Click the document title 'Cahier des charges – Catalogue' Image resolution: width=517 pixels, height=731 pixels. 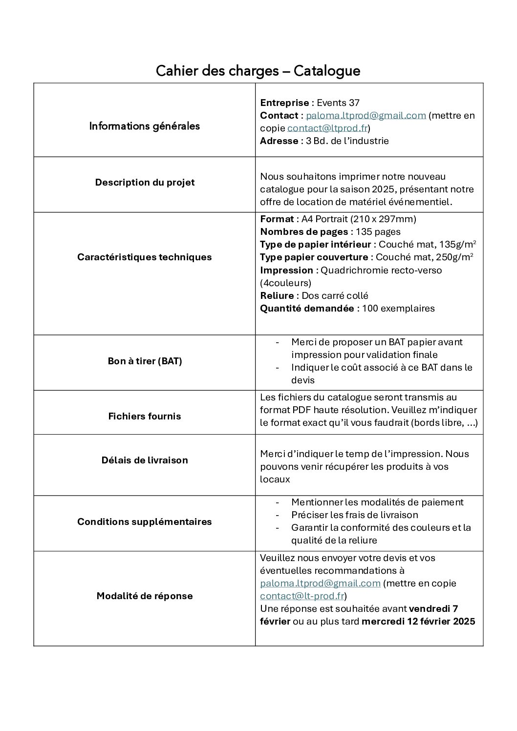tap(258, 71)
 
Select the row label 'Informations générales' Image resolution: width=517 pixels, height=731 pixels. tap(144, 126)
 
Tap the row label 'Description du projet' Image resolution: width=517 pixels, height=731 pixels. tap(145, 183)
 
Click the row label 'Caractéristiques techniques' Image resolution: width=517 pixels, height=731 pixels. tap(144, 257)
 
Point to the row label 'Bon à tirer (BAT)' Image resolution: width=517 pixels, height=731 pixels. tap(145, 362)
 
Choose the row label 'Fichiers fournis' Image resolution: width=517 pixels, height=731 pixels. tap(145, 417)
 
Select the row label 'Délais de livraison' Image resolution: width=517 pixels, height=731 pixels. tap(145, 460)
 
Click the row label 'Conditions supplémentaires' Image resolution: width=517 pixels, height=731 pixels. tap(144, 522)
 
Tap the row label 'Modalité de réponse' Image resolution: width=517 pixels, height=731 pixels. tap(145, 596)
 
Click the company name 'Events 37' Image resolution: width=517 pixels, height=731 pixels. tap(338, 103)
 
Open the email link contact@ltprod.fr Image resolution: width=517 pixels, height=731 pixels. tap(327, 128)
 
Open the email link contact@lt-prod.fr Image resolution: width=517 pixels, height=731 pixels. tap(302, 596)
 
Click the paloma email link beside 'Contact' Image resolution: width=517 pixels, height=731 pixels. tap(366, 116)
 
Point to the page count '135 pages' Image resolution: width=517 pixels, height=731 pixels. tap(378, 232)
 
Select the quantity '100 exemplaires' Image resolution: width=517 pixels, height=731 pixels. tap(398, 309)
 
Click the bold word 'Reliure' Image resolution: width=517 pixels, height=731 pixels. tap(277, 296)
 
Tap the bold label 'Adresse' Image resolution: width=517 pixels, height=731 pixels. tap(279, 141)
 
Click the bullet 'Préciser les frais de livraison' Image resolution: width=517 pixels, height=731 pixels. tap(354, 515)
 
